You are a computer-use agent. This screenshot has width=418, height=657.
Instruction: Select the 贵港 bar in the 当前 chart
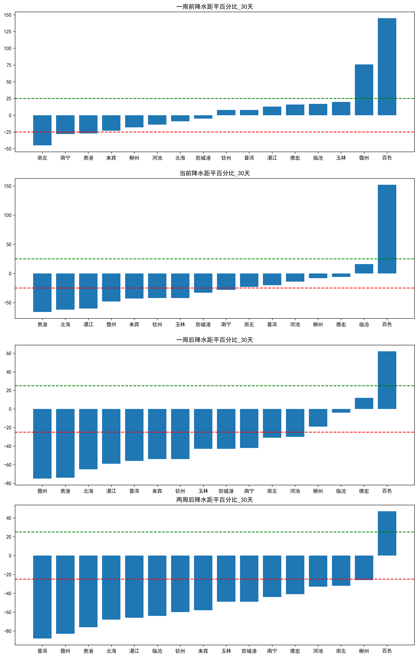pos(42,292)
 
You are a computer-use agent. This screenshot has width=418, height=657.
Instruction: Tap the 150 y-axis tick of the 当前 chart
pos(8,186)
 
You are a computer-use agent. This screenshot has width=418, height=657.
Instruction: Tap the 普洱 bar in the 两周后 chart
pos(42,597)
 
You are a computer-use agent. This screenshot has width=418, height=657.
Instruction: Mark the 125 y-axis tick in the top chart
pos(8,32)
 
